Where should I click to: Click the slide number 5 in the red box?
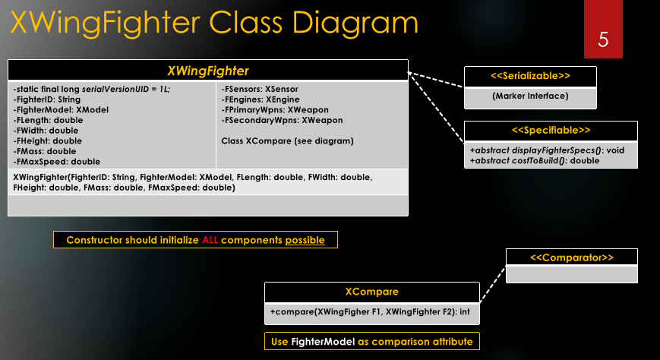tap(603, 39)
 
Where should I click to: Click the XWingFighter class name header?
tap(207, 71)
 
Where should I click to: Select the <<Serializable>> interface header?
tap(530, 77)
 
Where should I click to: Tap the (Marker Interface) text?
tap(530, 96)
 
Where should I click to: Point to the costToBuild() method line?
tap(535, 160)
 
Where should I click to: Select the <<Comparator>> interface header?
tap(571, 257)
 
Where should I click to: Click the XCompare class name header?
tap(371, 292)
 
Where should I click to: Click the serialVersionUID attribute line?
tap(92, 89)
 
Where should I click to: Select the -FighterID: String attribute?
tap(47, 99)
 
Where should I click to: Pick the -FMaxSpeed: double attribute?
tap(57, 161)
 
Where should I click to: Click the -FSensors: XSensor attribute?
tap(259, 89)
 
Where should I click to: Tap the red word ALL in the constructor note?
tap(210, 240)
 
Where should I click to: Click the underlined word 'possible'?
tap(305, 240)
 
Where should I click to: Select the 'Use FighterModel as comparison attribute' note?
tap(371, 342)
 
